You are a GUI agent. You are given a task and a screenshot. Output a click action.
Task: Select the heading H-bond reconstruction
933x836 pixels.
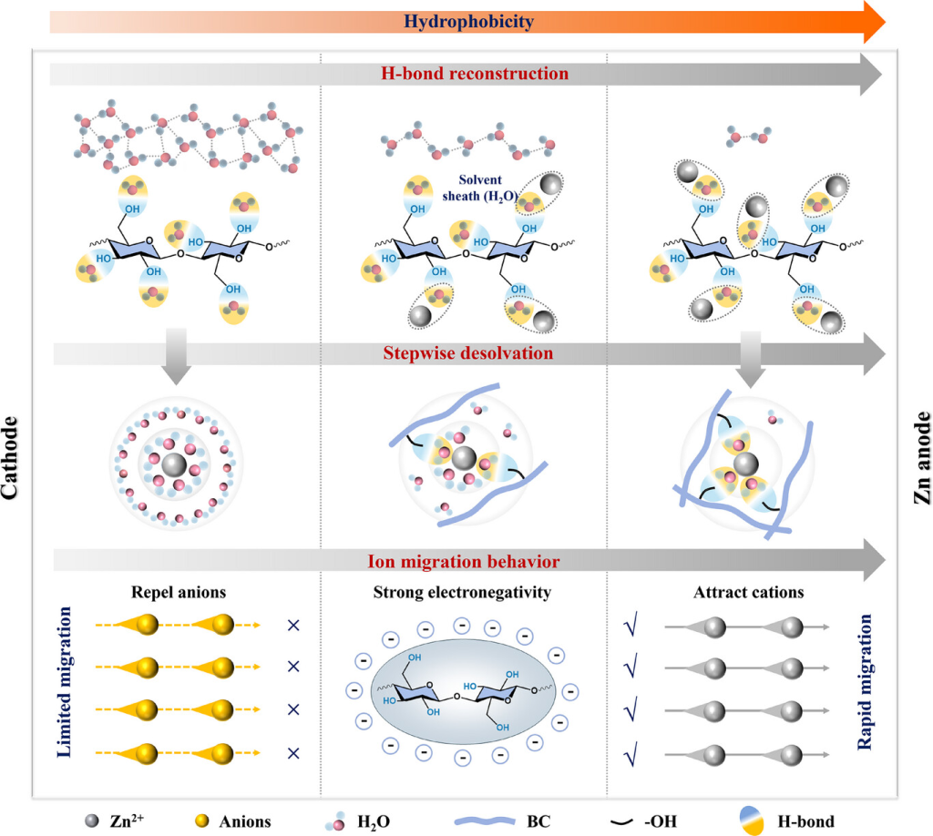[x=466, y=74]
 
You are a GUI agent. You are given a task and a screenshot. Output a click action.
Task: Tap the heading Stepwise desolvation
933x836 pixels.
[x=466, y=352]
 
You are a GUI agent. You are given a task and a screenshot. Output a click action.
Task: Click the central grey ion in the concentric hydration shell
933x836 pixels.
[x=173, y=466]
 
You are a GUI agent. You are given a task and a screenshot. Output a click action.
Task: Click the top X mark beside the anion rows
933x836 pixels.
[x=293, y=626]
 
